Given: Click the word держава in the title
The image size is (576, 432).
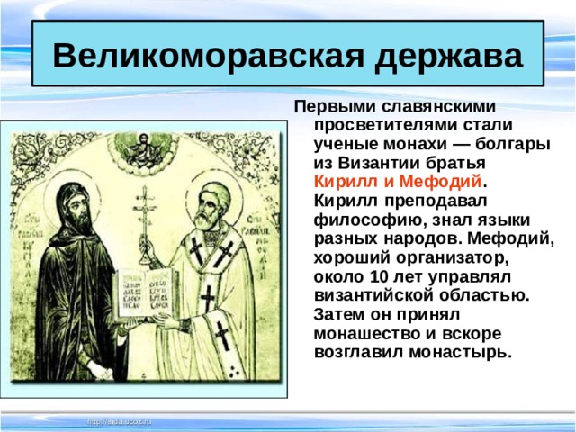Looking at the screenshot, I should click(441, 55).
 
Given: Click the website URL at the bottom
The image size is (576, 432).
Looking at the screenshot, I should click(120, 420).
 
